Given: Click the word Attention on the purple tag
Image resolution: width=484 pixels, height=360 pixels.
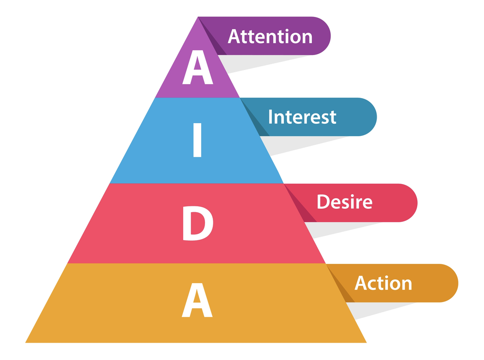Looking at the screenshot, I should pos(270,37).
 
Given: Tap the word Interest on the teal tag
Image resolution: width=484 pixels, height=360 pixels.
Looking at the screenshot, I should pos(302,117).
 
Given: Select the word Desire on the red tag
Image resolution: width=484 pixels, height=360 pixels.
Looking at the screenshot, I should pos(344,202).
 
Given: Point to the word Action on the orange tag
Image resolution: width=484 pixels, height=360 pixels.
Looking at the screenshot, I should pos(383,283).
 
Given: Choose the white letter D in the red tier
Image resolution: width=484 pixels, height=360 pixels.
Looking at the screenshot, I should pos(197,225).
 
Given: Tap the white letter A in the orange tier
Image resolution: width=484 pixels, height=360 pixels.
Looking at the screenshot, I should pos(197,302).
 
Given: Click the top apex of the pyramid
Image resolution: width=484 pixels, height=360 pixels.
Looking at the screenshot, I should pos(198,18).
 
